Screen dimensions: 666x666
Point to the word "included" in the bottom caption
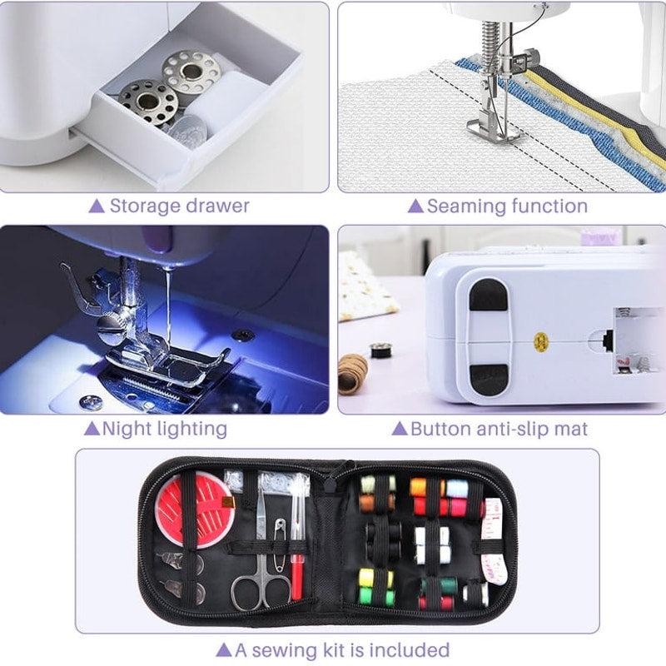(x=409, y=649)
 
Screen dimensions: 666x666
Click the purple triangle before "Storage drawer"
(x=97, y=206)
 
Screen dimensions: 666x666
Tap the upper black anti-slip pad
(x=489, y=296)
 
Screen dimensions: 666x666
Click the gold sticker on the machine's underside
(x=539, y=340)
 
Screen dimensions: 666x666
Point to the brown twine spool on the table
(x=352, y=372)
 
